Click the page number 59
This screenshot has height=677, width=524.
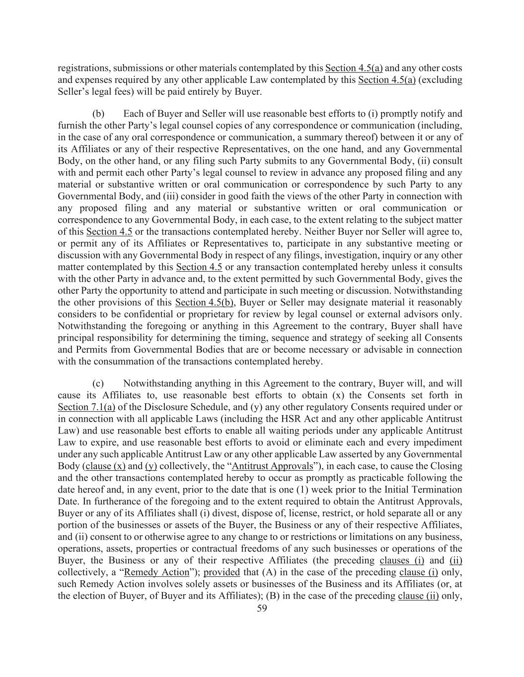(x=262, y=609)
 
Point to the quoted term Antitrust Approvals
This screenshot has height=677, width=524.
(x=272, y=466)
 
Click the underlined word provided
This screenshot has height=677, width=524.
(x=222, y=572)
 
